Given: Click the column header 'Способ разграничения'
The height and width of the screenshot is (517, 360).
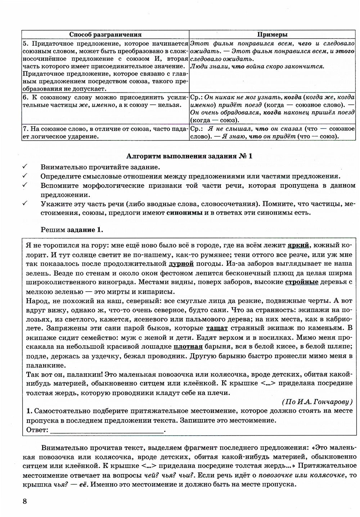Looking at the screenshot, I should (x=105, y=35).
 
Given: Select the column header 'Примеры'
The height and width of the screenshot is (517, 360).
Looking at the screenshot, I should (x=272, y=35).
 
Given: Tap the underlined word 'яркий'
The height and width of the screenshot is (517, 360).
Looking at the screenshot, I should (x=298, y=246).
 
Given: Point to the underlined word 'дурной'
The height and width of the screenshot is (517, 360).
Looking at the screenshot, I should (x=179, y=264).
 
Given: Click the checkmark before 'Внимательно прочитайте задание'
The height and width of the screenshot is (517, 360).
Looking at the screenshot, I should (x=25, y=167).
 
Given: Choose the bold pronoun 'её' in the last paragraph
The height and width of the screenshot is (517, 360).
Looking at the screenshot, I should (x=84, y=484).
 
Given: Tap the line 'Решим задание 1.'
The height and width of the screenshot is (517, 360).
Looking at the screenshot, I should (x=72, y=230).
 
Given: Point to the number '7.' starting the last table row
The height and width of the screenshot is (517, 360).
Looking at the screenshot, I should (x=26, y=128).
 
